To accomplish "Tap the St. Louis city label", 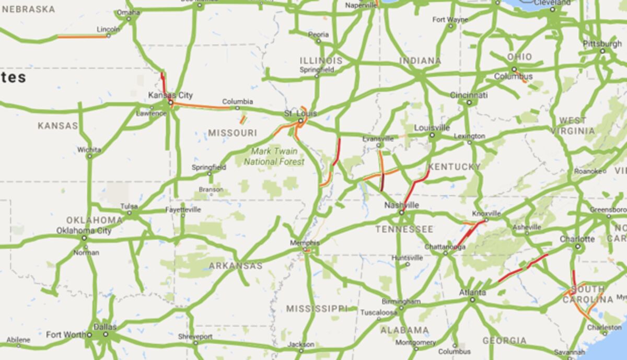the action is tap(294, 113).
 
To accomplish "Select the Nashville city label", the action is tap(401, 205).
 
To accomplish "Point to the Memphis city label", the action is tap(306, 243).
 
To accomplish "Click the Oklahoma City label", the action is tap(84, 230).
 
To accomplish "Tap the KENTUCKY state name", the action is tap(454, 167).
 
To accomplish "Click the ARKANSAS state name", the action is tap(236, 266).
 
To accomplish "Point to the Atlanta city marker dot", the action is tap(472, 300).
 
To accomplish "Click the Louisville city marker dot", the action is tap(432, 135).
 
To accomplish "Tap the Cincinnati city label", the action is tap(469, 95).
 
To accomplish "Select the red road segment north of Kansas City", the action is tap(163, 82).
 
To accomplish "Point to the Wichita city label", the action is tap(89, 149).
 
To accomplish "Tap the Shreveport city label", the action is tap(195, 336).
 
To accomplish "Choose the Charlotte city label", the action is tap(577, 239).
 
